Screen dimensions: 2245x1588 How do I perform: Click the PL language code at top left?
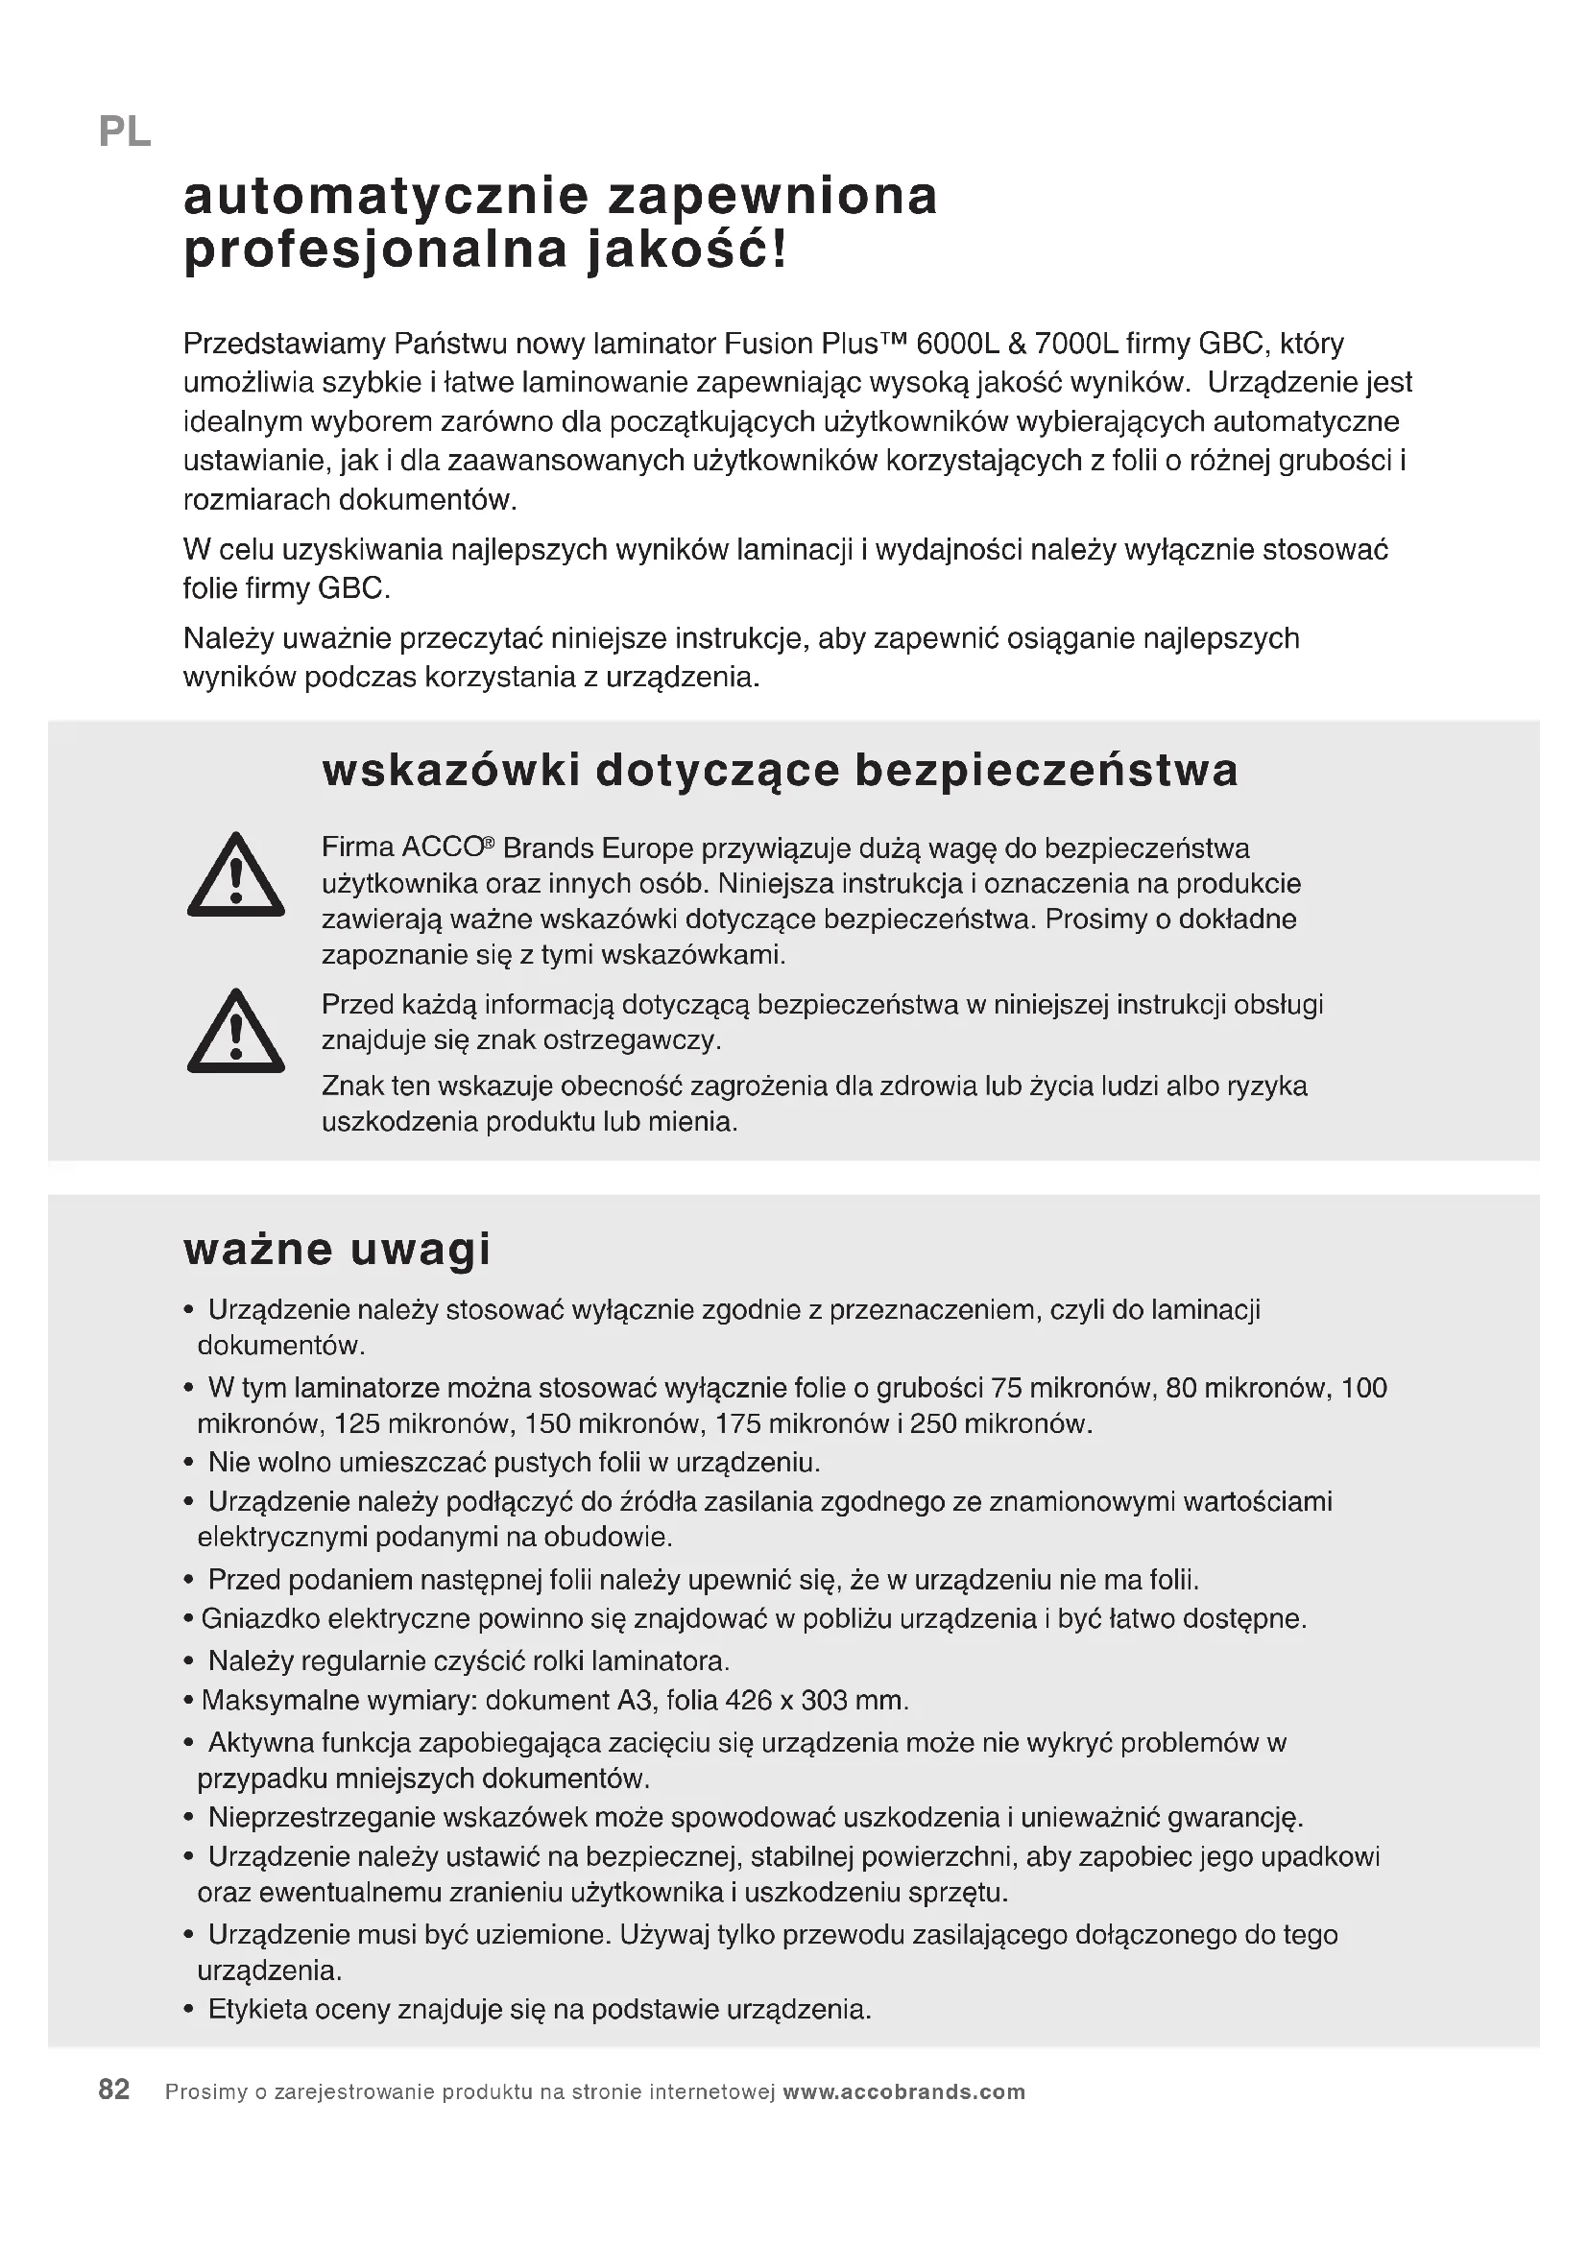pyautogui.click(x=124, y=132)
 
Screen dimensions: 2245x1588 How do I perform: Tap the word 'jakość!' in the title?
pyautogui.click(x=686, y=251)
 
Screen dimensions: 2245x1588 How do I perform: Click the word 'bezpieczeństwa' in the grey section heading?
pyautogui.click(x=1047, y=771)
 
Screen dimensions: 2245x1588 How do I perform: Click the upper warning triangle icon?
pyautogui.click(x=235, y=876)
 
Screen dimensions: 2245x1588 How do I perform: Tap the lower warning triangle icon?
pyautogui.click(x=235, y=1033)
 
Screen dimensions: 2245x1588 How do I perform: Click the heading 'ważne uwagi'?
pyautogui.click(x=336, y=1250)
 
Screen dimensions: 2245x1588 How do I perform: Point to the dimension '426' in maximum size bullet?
pyautogui.click(x=749, y=1701)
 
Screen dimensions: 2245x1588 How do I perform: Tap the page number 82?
pyautogui.click(x=114, y=2090)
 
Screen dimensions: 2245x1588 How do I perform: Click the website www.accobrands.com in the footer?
pyautogui.click(x=904, y=2092)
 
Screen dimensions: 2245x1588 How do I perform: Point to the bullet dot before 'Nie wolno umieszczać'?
pyautogui.click(x=189, y=1464)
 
